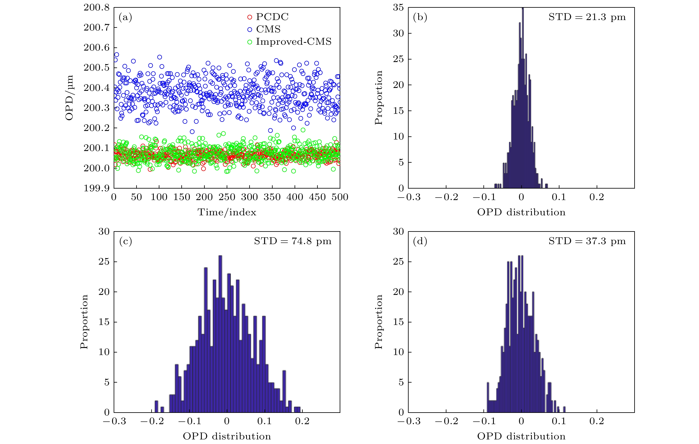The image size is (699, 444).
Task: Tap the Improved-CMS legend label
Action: coord(293,42)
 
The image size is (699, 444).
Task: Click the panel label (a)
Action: coord(125,17)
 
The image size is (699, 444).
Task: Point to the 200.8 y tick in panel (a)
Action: coord(97,8)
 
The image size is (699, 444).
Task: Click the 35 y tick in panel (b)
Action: coord(398,8)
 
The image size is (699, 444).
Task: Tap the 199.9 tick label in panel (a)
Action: coord(97,188)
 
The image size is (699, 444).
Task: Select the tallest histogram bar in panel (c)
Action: coord(220,334)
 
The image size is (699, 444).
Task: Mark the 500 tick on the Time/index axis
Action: coord(340,197)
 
